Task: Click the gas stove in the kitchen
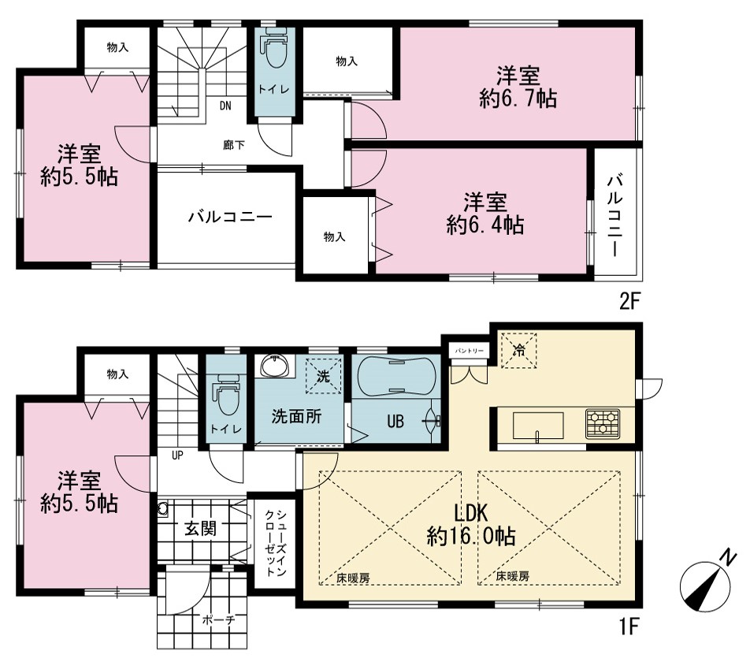(603, 423)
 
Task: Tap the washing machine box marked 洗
(324, 376)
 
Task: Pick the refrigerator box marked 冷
(518, 351)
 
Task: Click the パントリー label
(470, 351)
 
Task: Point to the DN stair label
(225, 106)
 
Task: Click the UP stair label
(177, 455)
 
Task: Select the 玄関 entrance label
(201, 529)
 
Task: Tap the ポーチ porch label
(218, 620)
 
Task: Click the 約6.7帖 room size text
(518, 98)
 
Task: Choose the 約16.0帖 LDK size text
(470, 536)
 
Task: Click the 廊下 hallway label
(234, 144)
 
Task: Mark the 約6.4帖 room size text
(485, 225)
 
